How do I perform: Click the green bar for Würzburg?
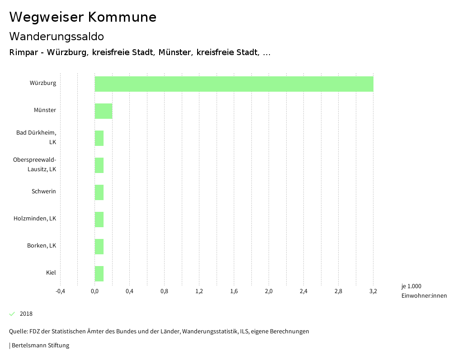(234, 84)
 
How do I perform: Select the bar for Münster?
(103, 111)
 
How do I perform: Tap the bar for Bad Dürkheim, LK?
(99, 138)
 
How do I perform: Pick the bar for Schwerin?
(99, 192)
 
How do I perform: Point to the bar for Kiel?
(99, 274)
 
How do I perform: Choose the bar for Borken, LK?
(99, 247)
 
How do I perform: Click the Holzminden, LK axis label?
(35, 219)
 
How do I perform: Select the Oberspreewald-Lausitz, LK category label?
(35, 164)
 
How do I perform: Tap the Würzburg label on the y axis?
(43, 83)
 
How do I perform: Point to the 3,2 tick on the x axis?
(373, 291)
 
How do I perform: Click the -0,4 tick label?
(60, 291)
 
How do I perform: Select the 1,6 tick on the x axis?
(234, 291)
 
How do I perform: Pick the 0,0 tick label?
(95, 291)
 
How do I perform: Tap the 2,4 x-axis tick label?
(303, 291)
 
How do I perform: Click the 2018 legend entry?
(26, 314)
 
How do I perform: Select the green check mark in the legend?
(12, 314)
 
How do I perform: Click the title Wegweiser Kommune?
(83, 17)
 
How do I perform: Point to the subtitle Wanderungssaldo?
(57, 36)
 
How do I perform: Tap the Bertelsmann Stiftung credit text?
(40, 346)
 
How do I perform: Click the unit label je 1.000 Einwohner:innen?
(424, 291)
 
